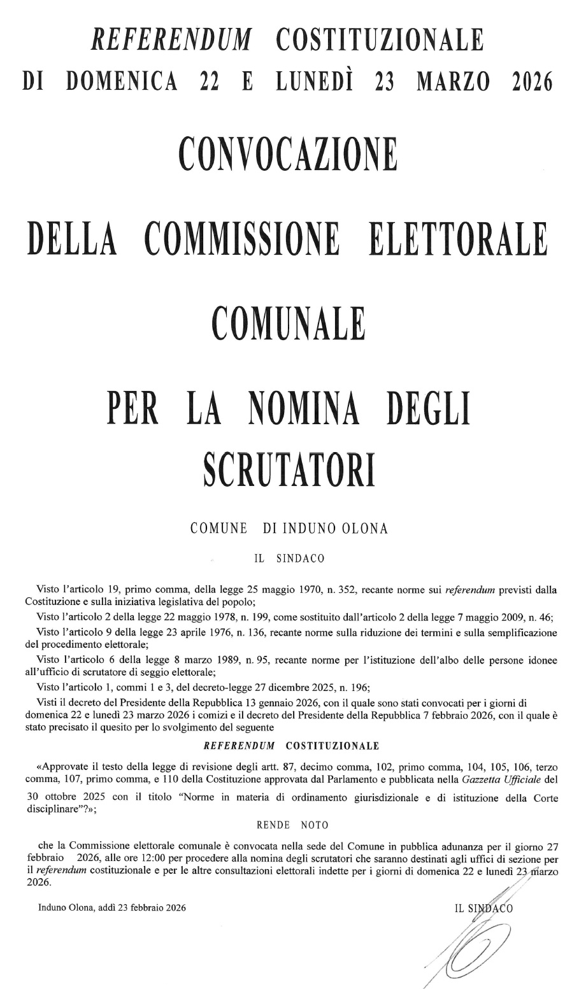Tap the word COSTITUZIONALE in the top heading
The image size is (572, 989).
(x=380, y=39)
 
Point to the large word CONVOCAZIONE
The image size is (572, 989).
(x=288, y=155)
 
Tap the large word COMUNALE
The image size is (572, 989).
(x=288, y=323)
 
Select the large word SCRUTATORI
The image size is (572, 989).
(x=288, y=469)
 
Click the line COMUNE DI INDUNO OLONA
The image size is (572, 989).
(x=289, y=529)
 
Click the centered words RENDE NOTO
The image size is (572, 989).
(x=292, y=825)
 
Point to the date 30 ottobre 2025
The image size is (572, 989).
(x=71, y=797)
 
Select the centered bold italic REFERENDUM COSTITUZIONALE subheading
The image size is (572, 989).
(x=290, y=745)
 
